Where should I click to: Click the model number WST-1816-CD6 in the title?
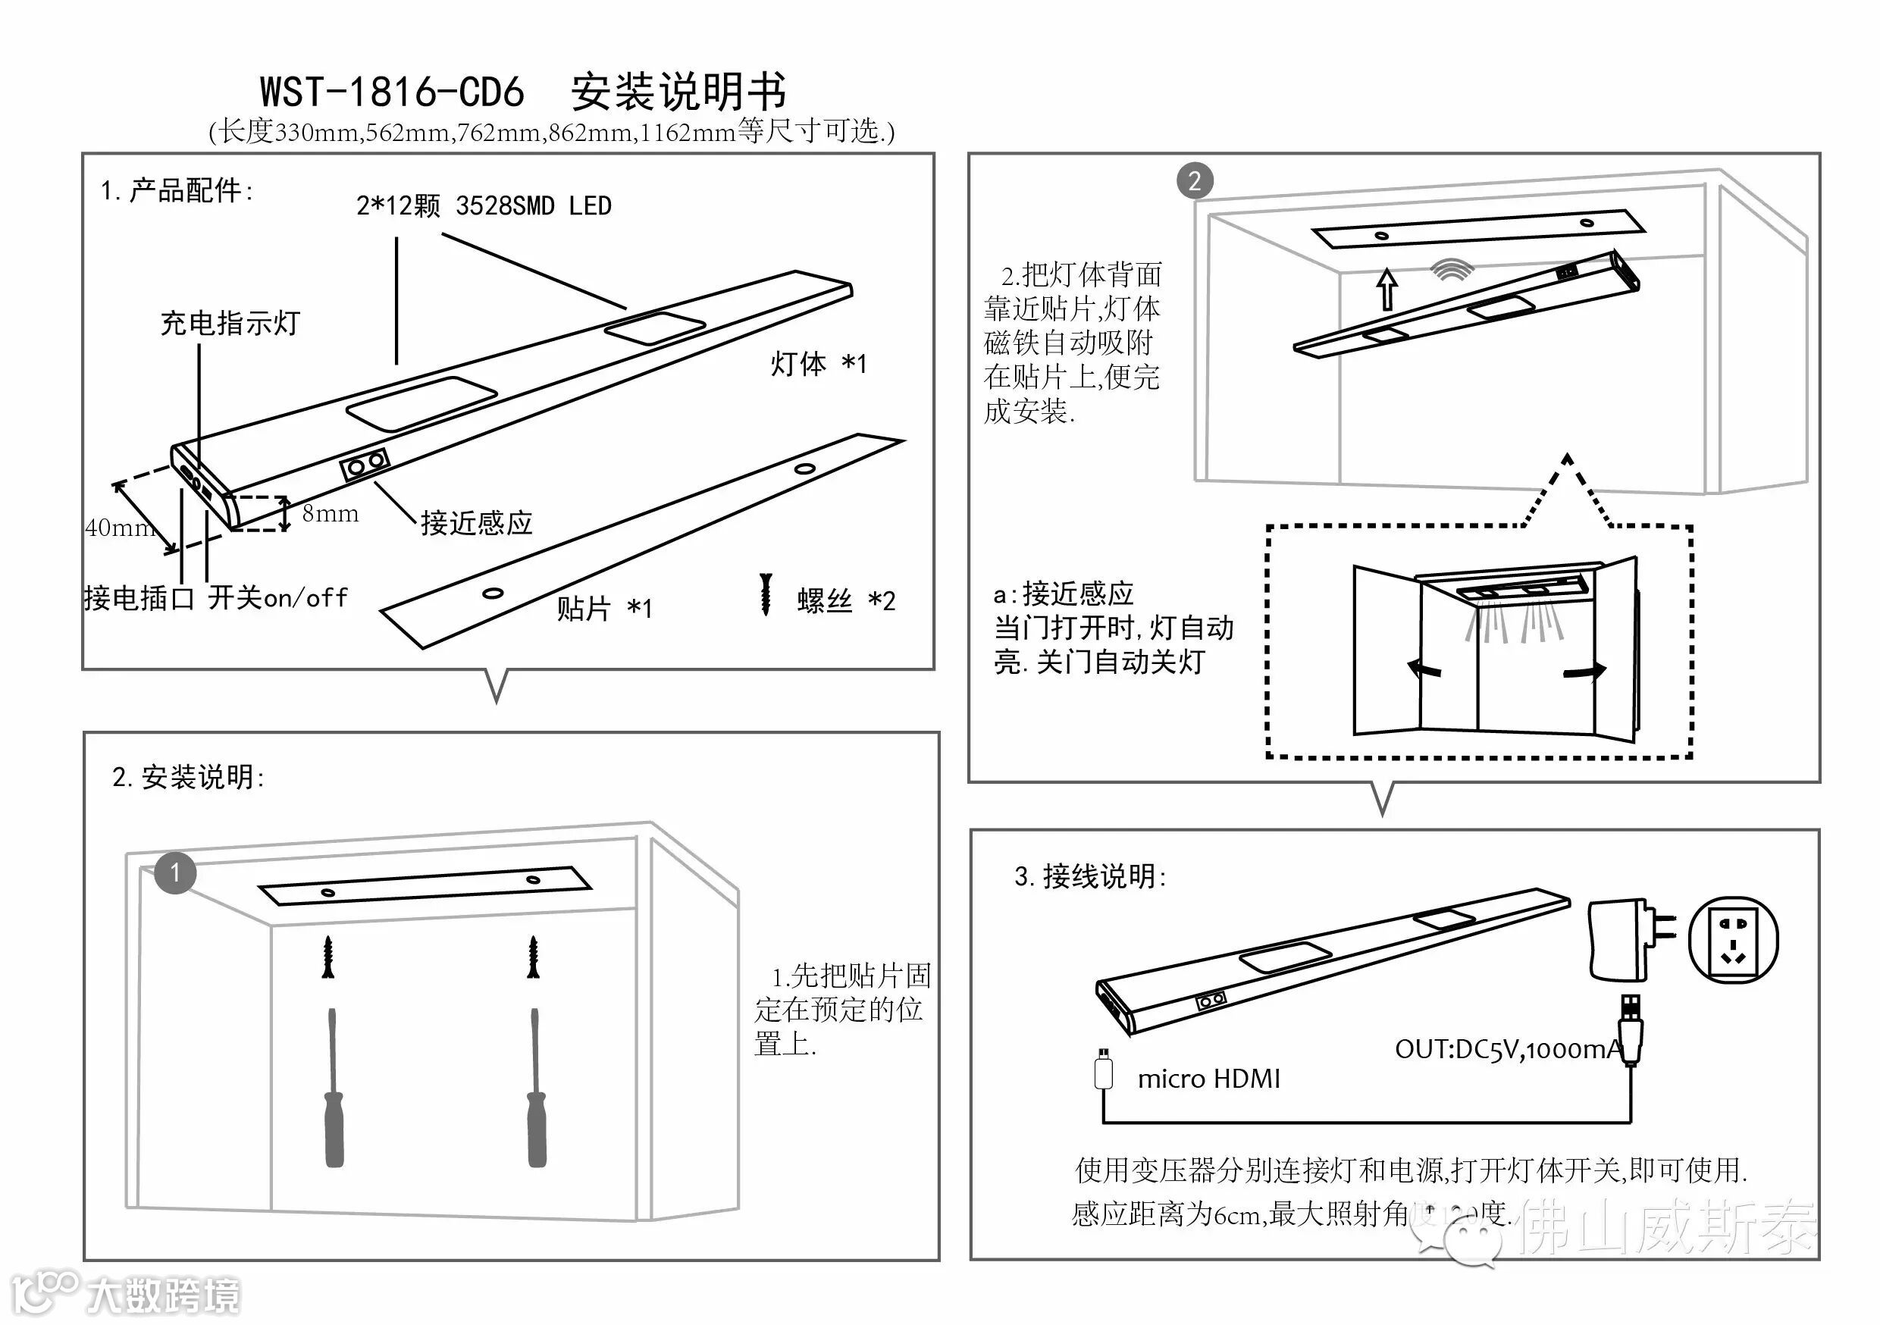pyautogui.click(x=391, y=92)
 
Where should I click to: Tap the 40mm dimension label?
pyautogui.click(x=119, y=528)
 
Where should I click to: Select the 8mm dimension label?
pyautogui.click(x=330, y=513)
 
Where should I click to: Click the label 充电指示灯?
pyautogui.click(x=230, y=324)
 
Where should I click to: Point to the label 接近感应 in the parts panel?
pyautogui.click(x=477, y=522)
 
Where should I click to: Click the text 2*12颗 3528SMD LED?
pyautogui.click(x=483, y=205)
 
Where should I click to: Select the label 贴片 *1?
pyautogui.click(x=603, y=609)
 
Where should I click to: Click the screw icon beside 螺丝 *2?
pyautogui.click(x=766, y=594)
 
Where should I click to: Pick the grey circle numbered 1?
pyautogui.click(x=175, y=873)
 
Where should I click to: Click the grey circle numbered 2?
pyautogui.click(x=1195, y=181)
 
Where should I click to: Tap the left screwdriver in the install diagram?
pyautogui.click(x=334, y=1089)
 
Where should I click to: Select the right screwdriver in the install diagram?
pyautogui.click(x=536, y=1089)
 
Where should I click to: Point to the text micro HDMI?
pyautogui.click(x=1208, y=1079)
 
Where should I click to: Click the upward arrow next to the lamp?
pyautogui.click(x=1387, y=288)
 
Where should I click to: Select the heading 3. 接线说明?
pyautogui.click(x=1090, y=877)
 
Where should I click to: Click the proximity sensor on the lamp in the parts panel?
pyautogui.click(x=365, y=465)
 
